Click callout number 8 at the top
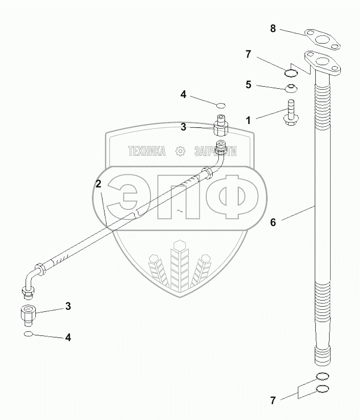(x=273, y=28)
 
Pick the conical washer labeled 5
(x=291, y=87)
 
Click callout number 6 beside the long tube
(x=273, y=222)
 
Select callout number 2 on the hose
(x=98, y=183)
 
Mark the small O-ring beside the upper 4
(x=220, y=106)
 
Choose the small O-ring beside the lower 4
(x=28, y=334)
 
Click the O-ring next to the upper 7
(x=290, y=73)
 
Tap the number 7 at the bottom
(x=273, y=400)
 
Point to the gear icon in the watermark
(x=179, y=152)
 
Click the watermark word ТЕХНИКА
(x=147, y=152)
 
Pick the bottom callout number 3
(x=68, y=306)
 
